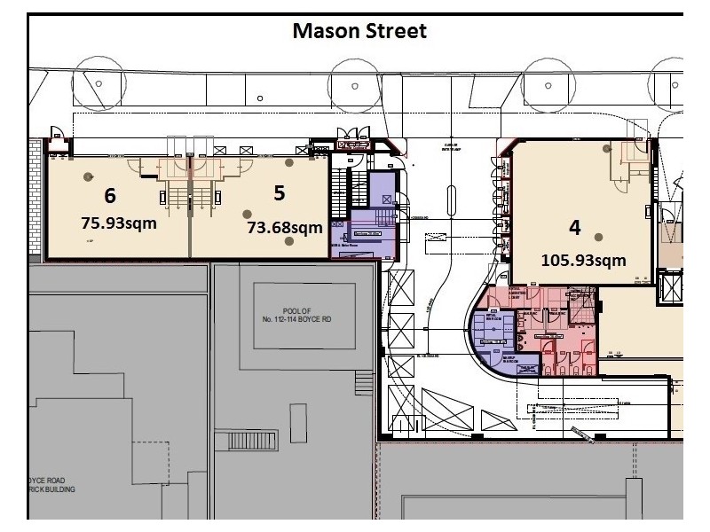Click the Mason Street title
(x=360, y=32)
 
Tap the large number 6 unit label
(x=110, y=195)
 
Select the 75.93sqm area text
(x=118, y=223)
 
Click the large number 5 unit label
(x=279, y=191)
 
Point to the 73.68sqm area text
(x=284, y=228)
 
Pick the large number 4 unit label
(x=574, y=227)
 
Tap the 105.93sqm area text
(x=583, y=260)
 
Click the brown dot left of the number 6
(x=88, y=176)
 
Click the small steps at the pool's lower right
(x=365, y=382)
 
